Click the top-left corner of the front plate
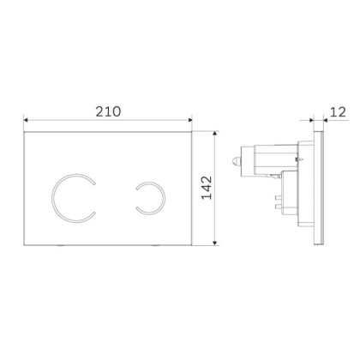tap(25, 134)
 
